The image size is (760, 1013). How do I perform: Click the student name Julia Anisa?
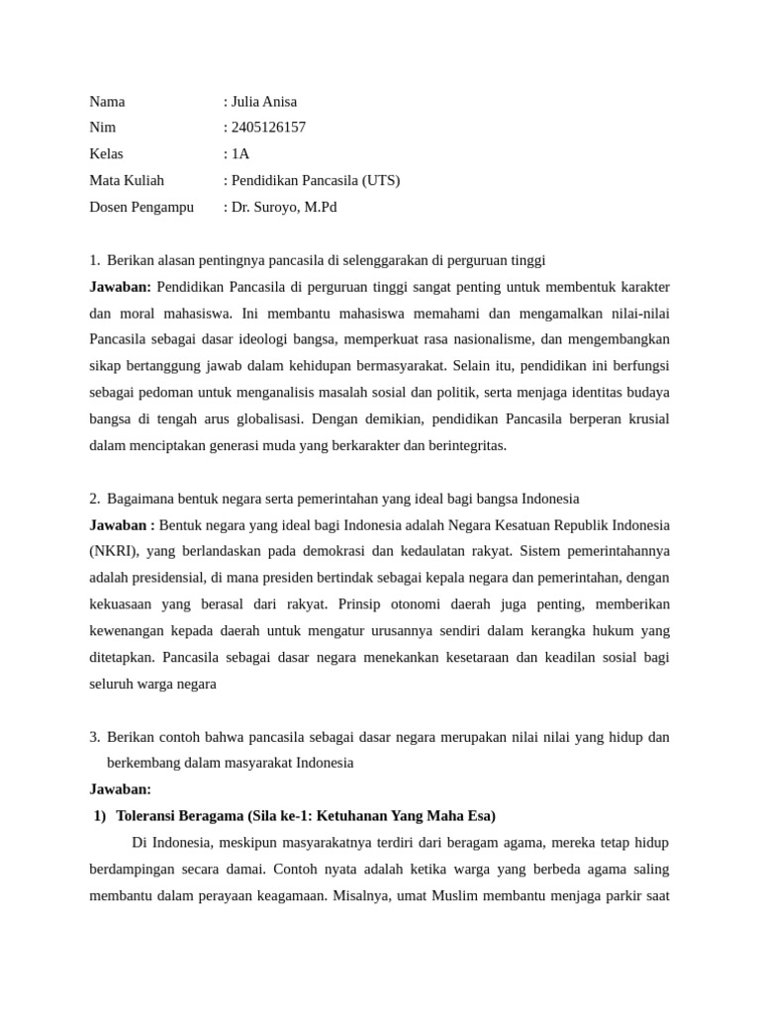point(264,102)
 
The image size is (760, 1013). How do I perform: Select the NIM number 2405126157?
point(268,128)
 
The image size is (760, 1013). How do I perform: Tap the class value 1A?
point(240,154)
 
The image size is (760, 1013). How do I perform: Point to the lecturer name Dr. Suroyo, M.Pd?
point(284,208)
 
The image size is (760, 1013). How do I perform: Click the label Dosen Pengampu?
point(142,208)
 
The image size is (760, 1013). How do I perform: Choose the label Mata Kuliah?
point(127,181)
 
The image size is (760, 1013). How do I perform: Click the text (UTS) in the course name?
point(381,181)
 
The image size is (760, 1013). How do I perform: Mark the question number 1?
point(94,260)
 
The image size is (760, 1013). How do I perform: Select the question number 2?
point(94,499)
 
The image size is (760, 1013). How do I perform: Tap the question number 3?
point(94,737)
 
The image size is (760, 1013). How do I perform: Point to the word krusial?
point(644,419)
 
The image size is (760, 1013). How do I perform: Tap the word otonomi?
point(424,604)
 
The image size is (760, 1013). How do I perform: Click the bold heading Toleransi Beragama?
point(180,816)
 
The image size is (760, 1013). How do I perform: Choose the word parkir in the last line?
point(617,896)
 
